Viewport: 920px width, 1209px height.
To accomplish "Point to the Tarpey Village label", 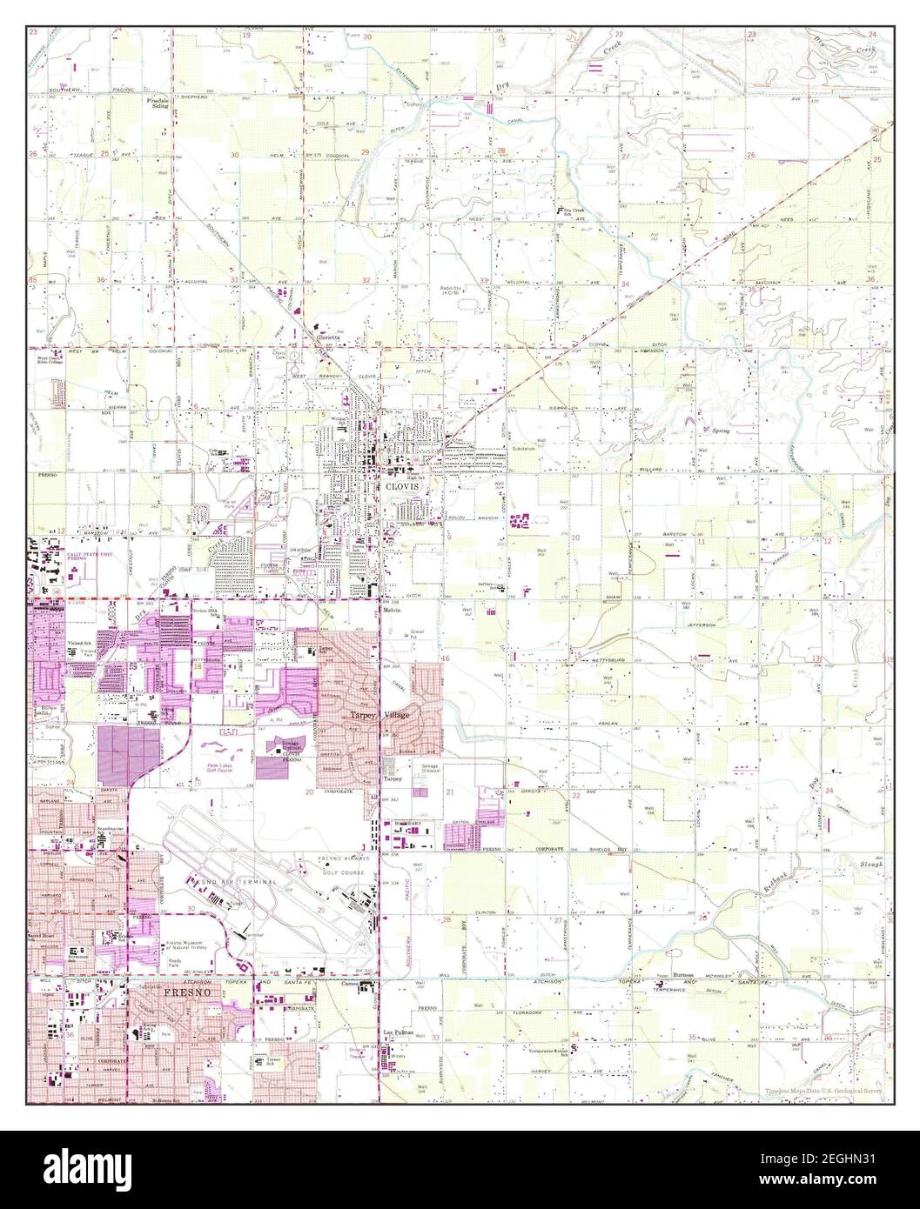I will click(379, 714).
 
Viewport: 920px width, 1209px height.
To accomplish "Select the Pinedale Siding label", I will click(158, 104).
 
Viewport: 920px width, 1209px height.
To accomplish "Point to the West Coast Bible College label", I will click(52, 359).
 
